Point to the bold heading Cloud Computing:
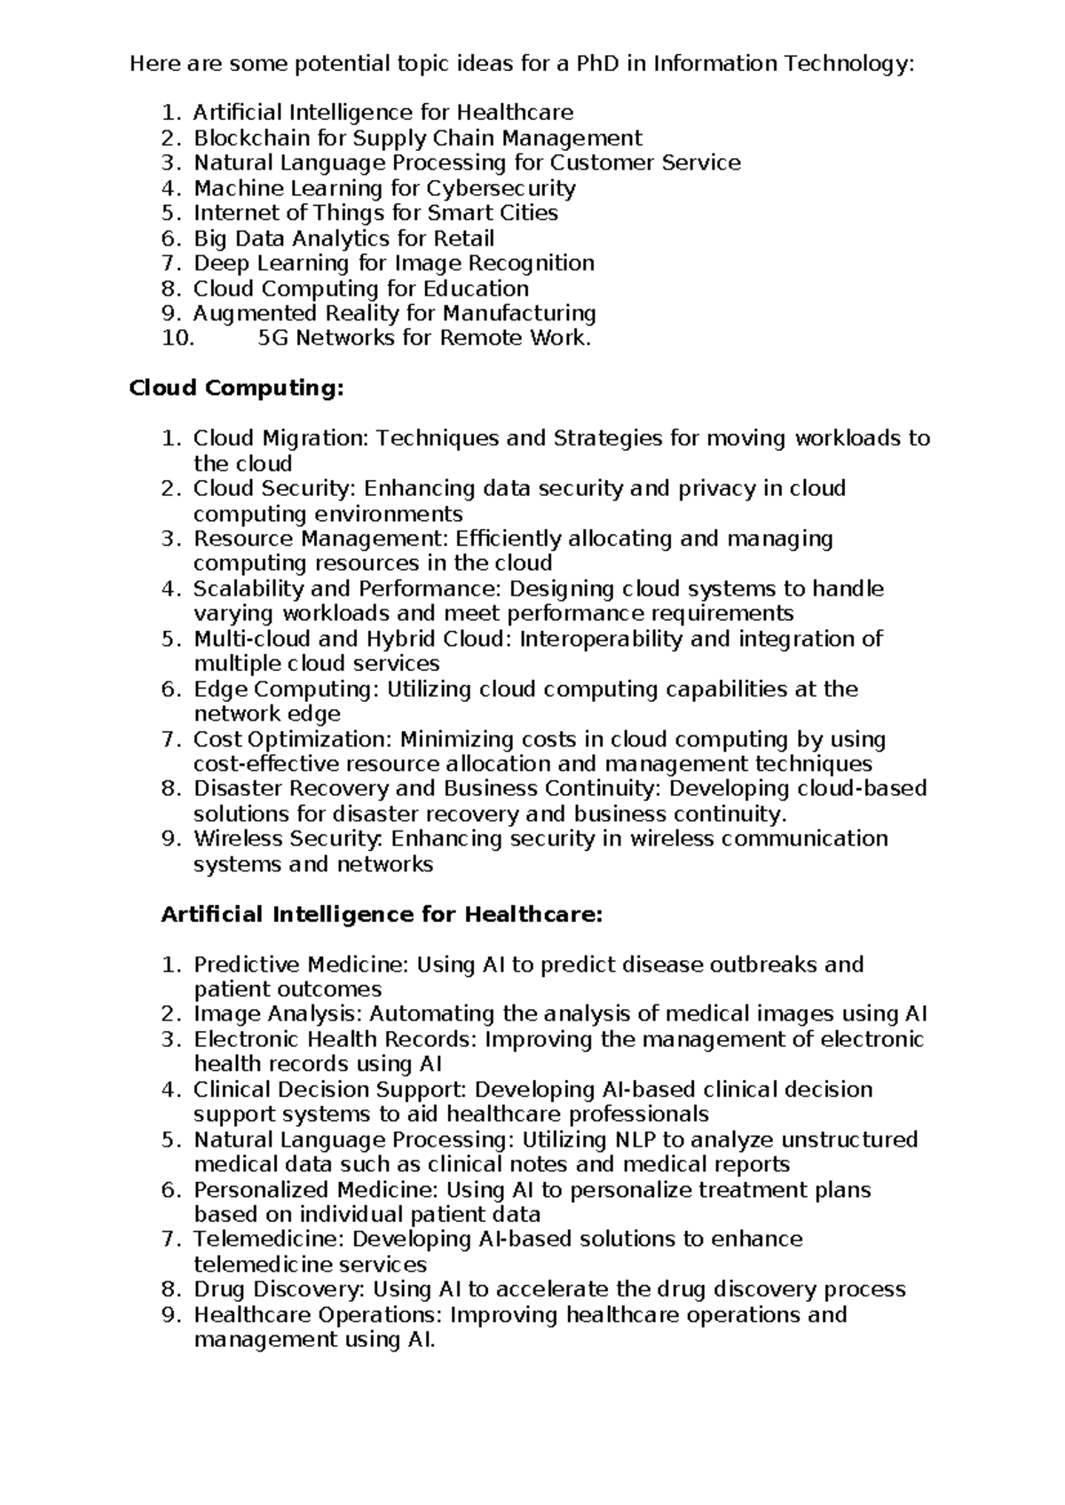[236, 389]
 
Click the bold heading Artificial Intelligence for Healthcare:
[382, 915]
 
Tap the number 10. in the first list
[178, 338]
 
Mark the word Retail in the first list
[463, 238]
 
